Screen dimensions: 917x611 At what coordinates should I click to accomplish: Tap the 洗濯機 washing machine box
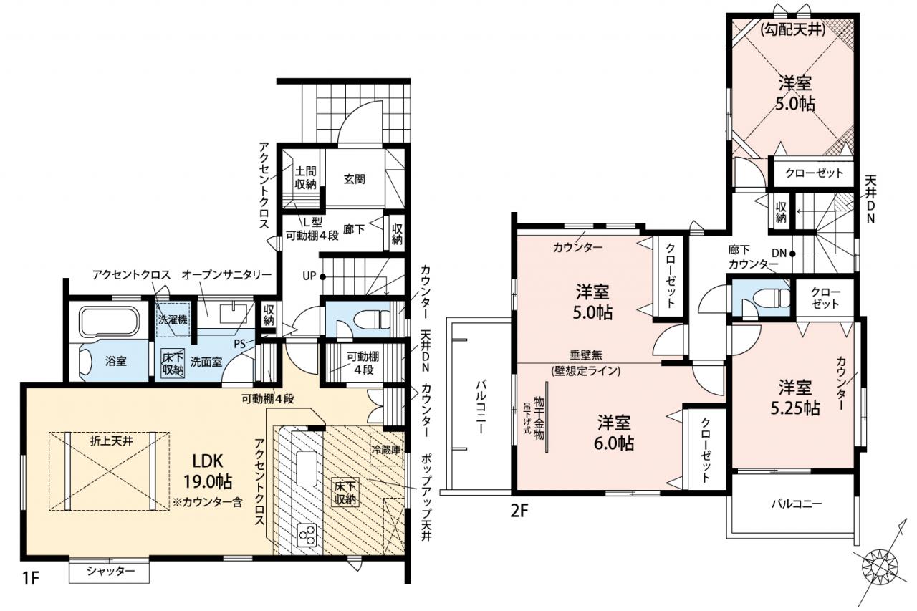(173, 319)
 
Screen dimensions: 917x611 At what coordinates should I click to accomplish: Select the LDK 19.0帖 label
(208, 472)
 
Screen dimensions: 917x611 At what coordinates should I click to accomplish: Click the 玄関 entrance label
(355, 179)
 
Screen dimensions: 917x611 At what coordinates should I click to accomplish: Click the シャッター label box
(109, 572)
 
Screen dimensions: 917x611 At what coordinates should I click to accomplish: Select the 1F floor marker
(30, 578)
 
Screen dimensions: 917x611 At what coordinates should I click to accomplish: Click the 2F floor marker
(519, 511)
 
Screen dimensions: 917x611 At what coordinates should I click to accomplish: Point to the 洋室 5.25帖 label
(795, 398)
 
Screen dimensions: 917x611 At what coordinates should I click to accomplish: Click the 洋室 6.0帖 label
(614, 432)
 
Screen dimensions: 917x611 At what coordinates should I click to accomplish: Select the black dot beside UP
(322, 276)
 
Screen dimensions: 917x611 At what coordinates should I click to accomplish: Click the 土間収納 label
(305, 177)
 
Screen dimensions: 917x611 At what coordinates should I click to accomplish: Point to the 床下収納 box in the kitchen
(345, 492)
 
